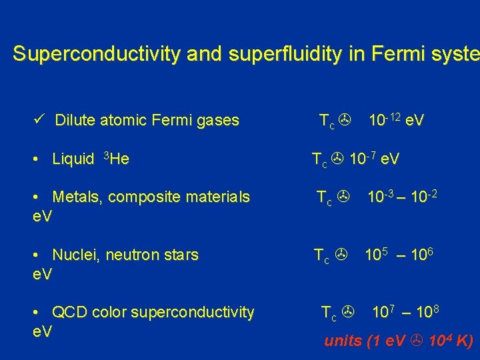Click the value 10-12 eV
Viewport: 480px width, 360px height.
397,121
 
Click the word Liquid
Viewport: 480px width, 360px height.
73,159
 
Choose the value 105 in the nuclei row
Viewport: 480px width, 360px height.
377,254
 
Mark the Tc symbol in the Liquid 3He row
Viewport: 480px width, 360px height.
321,160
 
